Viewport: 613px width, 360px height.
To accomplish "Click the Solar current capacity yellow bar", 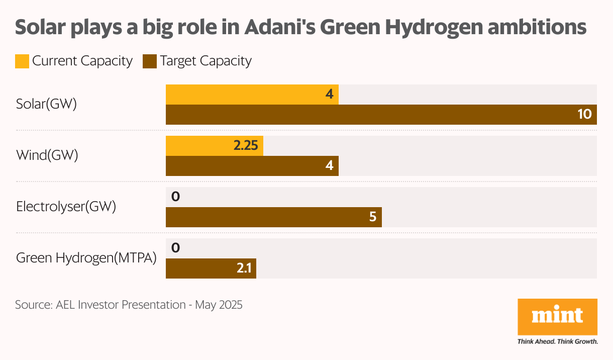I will coord(251,95).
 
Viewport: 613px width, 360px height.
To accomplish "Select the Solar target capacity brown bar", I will coord(381,115).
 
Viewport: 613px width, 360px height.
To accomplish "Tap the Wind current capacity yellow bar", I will coord(214,146).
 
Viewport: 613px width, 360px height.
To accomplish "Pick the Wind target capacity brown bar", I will coord(251,166).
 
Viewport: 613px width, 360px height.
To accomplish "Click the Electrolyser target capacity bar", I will coord(273,217).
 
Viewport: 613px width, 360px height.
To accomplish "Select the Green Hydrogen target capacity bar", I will coord(211,268).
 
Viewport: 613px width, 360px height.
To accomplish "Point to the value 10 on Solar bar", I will coord(584,115).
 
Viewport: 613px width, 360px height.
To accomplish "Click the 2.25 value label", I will coord(245,146).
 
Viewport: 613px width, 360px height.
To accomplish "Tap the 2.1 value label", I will coord(244,268).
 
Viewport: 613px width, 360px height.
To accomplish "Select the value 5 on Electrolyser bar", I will coord(372,217).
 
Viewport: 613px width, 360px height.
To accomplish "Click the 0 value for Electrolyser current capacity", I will coord(175,197).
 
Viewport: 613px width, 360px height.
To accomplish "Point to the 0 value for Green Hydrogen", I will coord(175,248).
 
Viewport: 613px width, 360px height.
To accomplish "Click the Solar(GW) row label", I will coord(46,105).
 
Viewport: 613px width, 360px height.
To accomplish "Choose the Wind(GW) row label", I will coord(47,156).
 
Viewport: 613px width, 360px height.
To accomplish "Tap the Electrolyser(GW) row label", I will coord(66,207).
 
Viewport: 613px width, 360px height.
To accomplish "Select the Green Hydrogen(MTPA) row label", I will coord(86,258).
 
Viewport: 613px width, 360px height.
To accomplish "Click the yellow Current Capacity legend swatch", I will coord(22,61).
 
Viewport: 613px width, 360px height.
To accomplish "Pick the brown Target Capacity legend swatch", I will coord(150,61).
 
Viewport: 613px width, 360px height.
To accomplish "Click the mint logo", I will coord(557,317).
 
